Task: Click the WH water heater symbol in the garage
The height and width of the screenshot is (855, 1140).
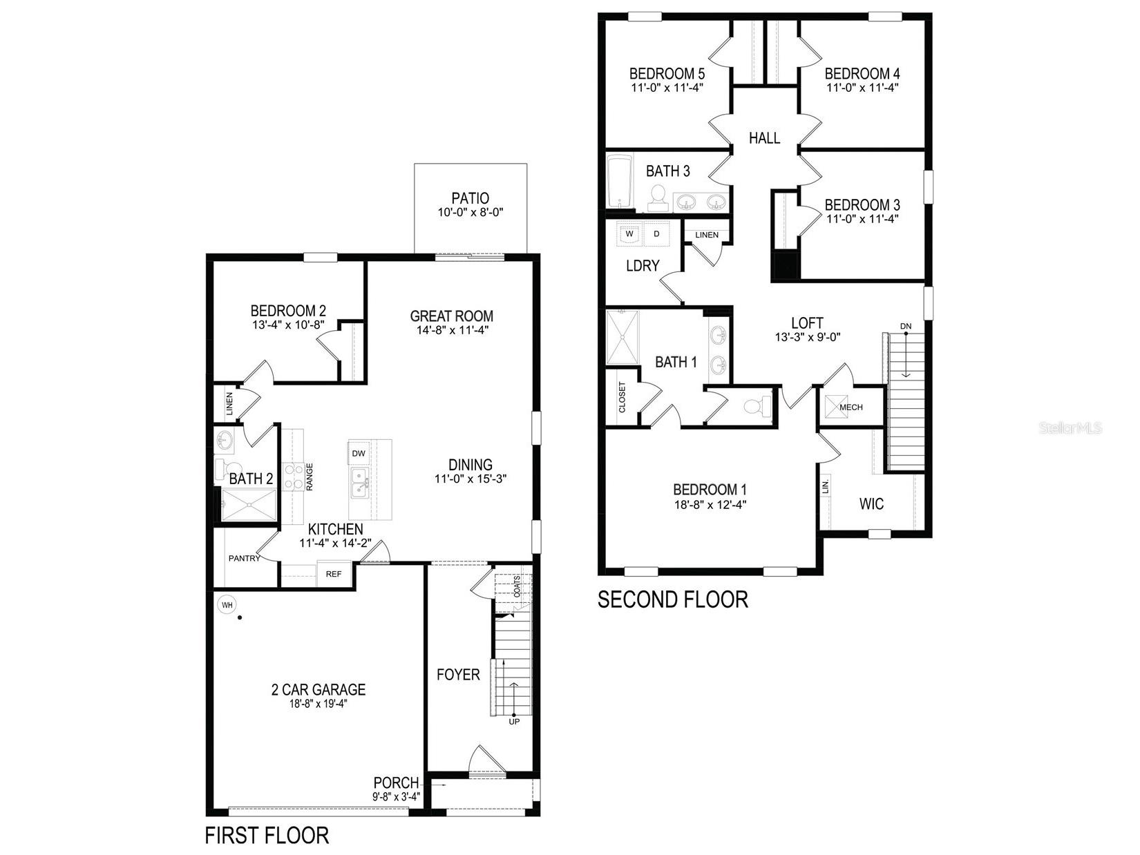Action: pos(226,606)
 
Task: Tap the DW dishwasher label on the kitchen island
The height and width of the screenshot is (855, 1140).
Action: pos(358,454)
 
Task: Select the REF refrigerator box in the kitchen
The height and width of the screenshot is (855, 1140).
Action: pos(334,574)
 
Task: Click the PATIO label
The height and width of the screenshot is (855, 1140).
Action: pos(470,199)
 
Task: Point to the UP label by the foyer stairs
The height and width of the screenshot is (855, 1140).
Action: pos(514,722)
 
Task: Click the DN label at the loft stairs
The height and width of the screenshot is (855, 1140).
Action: pos(905,326)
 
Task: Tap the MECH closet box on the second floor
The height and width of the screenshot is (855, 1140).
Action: pos(851,407)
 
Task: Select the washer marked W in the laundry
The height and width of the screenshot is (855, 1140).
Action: pos(629,234)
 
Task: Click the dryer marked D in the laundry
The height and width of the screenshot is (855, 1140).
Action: pos(657,234)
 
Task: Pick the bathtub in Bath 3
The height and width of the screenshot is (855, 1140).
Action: pos(619,182)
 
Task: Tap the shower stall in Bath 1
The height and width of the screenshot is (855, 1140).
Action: pos(623,337)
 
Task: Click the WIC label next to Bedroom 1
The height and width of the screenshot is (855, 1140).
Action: pos(871,504)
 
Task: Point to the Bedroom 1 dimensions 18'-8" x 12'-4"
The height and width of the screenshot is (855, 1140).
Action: pos(710,504)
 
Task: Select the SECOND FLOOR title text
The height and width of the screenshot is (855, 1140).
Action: pos(672,599)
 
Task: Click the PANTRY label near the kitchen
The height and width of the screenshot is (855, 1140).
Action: pos(244,558)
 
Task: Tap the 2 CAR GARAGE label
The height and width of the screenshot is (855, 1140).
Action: pos(318,689)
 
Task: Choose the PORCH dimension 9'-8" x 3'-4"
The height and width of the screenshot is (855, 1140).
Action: pos(396,796)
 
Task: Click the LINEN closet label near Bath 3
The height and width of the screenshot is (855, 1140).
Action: pos(706,235)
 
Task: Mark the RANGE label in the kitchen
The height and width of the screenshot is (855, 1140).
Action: pos(310,477)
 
